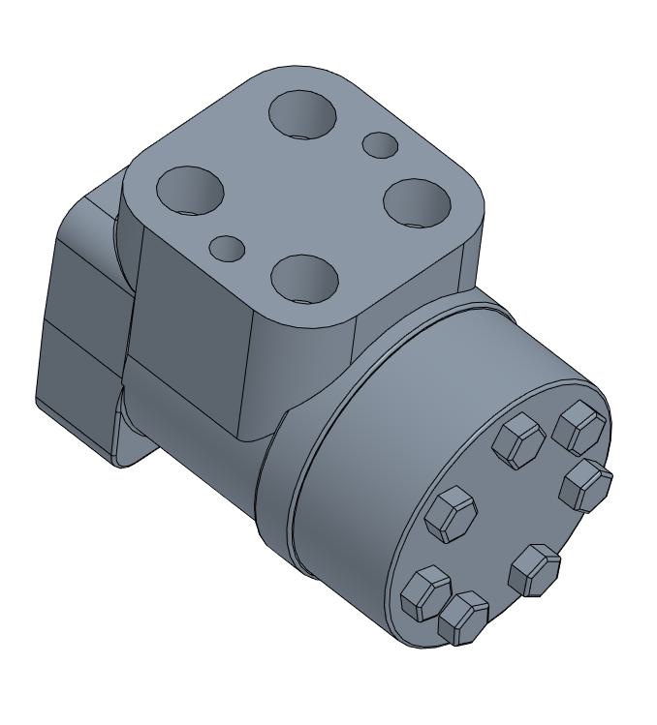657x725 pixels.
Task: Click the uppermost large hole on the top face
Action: coord(303,115)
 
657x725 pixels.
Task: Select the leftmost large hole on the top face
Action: coord(190,190)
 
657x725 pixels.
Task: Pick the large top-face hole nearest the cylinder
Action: coord(304,278)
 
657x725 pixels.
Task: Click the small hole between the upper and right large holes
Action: coord(380,145)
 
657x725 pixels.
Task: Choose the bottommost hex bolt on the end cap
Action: coord(463,618)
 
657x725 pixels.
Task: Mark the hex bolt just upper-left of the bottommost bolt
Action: coord(425,592)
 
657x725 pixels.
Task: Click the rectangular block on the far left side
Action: coord(82,319)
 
